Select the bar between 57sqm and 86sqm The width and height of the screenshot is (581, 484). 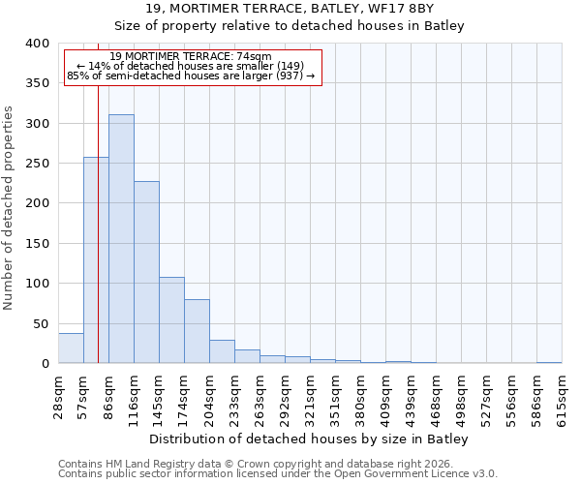pos(96,260)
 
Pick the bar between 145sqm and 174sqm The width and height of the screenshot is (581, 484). pos(171,320)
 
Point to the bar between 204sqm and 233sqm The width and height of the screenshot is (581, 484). pos(222,351)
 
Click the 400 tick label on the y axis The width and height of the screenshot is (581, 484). pos(37,44)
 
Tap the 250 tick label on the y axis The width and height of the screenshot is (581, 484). pos(37,164)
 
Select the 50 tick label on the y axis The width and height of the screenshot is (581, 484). pos(41,323)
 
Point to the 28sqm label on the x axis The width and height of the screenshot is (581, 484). pos(59,395)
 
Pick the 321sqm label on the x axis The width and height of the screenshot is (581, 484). pos(310,395)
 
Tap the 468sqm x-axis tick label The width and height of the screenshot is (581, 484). pos(436,395)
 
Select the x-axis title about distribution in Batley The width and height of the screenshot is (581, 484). pos(310,439)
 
